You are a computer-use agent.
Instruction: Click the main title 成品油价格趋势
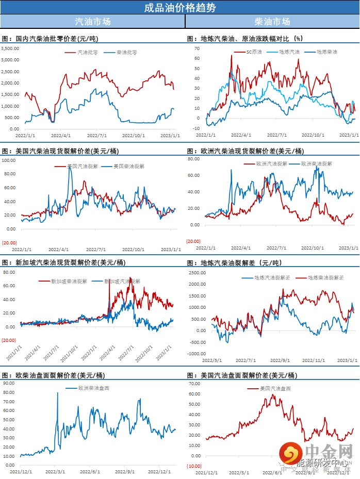point(180,7)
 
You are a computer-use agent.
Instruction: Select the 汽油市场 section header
point(92,22)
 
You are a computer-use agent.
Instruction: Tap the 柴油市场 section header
point(272,22)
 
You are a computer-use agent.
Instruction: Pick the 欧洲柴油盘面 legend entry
point(93,388)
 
